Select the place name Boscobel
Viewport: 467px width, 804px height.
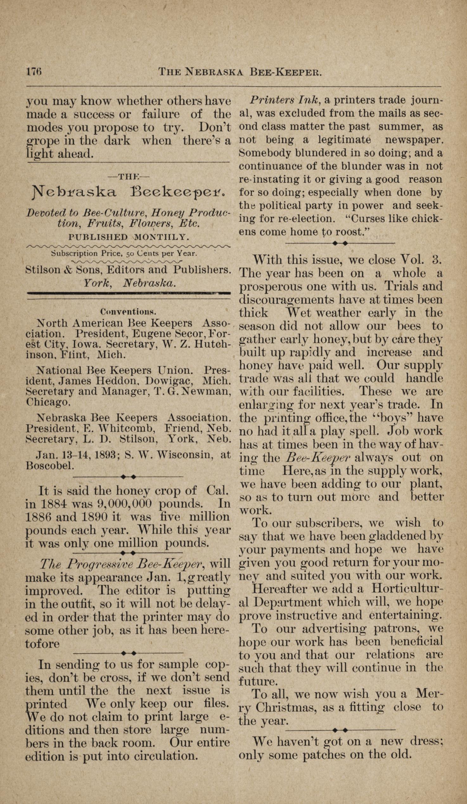coord(50,466)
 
